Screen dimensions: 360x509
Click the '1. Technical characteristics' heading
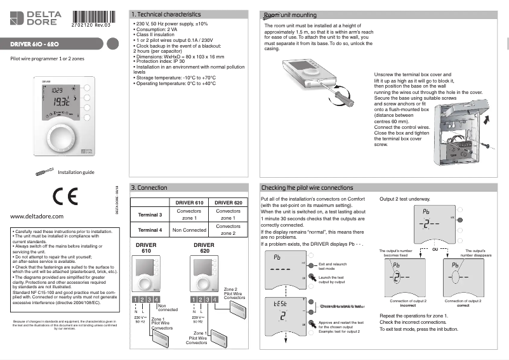click(165, 14)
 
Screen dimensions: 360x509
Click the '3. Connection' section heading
click(149, 188)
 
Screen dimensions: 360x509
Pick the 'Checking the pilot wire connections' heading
click(307, 188)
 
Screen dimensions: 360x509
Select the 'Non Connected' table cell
click(189, 230)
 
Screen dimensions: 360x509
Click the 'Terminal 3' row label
click(150, 215)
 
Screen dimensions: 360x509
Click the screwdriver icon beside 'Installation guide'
click(45, 171)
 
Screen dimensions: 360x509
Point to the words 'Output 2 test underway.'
click(406, 199)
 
